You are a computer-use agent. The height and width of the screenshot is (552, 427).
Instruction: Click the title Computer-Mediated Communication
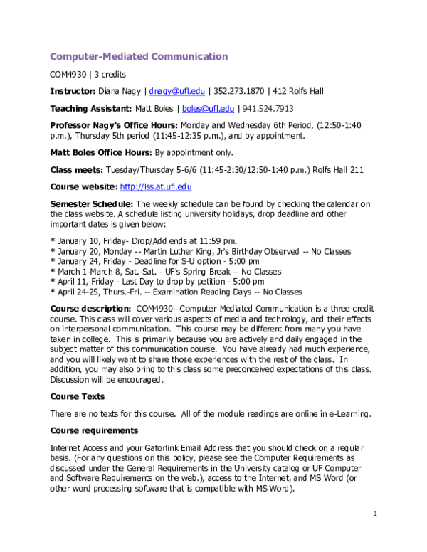point(139,56)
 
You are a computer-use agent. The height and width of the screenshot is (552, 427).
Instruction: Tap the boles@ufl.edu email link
point(208,109)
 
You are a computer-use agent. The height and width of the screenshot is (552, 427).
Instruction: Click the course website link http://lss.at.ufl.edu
point(156,186)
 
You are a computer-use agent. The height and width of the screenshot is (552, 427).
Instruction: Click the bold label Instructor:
point(73,91)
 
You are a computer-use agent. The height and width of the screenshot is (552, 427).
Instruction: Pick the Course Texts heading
point(77,396)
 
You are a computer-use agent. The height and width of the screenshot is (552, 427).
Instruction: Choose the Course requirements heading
point(86,430)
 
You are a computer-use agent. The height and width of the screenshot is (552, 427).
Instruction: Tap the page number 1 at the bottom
point(374,513)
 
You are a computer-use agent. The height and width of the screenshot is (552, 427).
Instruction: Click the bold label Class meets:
point(77,169)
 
